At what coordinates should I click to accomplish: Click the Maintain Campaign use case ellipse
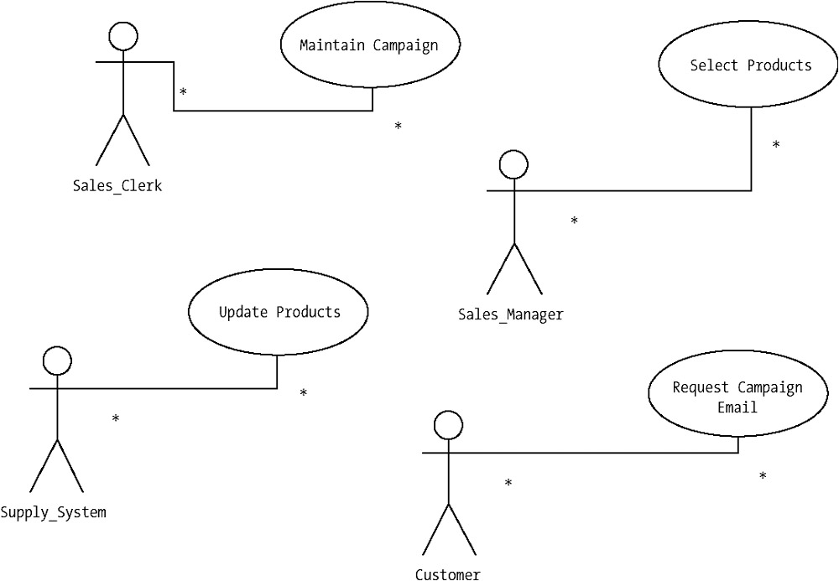click(x=369, y=45)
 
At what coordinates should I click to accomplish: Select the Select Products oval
click(x=751, y=65)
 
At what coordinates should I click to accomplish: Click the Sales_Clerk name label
click(x=117, y=186)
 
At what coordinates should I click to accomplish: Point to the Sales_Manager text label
click(x=510, y=315)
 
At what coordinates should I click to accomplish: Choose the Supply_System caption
click(x=54, y=511)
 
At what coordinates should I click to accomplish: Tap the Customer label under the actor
click(x=447, y=574)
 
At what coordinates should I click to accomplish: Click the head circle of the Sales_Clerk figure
click(x=123, y=35)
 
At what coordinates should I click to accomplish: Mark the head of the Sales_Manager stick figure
click(x=513, y=164)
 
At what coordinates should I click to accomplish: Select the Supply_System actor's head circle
click(x=56, y=361)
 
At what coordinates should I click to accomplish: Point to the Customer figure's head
click(x=448, y=425)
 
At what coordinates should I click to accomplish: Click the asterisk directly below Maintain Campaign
click(x=398, y=127)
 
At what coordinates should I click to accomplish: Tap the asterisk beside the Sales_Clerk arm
click(x=183, y=91)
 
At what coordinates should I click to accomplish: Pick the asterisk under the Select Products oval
click(x=776, y=145)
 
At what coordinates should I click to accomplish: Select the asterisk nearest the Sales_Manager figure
click(x=574, y=221)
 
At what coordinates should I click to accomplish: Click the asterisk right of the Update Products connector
click(x=304, y=393)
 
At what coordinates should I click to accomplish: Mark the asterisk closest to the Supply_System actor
click(x=116, y=418)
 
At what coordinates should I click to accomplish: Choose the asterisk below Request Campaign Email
click(x=763, y=476)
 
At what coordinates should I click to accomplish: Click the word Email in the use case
click(x=737, y=407)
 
